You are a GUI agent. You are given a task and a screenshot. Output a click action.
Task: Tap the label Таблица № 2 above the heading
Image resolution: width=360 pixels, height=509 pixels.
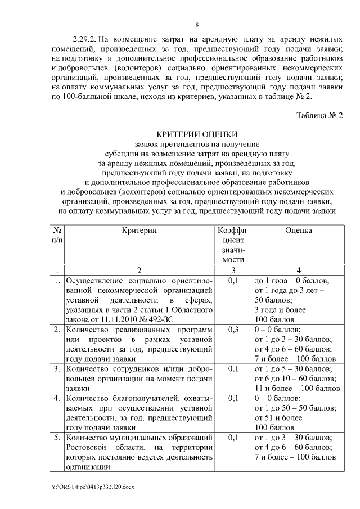(319, 115)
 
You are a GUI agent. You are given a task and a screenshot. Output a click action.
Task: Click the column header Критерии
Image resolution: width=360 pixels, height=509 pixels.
(139, 230)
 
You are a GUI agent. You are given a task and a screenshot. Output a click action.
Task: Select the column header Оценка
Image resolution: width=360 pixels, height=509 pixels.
(298, 230)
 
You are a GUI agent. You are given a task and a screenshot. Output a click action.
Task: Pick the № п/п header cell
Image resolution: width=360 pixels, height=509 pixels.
(57, 235)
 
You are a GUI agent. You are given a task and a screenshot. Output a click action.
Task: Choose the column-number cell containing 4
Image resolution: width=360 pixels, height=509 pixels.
(298, 269)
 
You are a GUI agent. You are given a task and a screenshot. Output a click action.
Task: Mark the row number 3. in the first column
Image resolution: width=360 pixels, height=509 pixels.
(57, 369)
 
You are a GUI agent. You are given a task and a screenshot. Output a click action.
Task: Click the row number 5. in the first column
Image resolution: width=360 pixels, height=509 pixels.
(57, 437)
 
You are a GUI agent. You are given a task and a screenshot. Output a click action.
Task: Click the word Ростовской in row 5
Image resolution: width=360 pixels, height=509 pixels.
(85, 447)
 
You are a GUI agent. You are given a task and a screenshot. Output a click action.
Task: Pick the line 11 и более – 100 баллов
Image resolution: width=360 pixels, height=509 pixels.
(297, 388)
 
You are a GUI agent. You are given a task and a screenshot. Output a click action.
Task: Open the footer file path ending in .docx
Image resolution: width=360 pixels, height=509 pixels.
(92, 487)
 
